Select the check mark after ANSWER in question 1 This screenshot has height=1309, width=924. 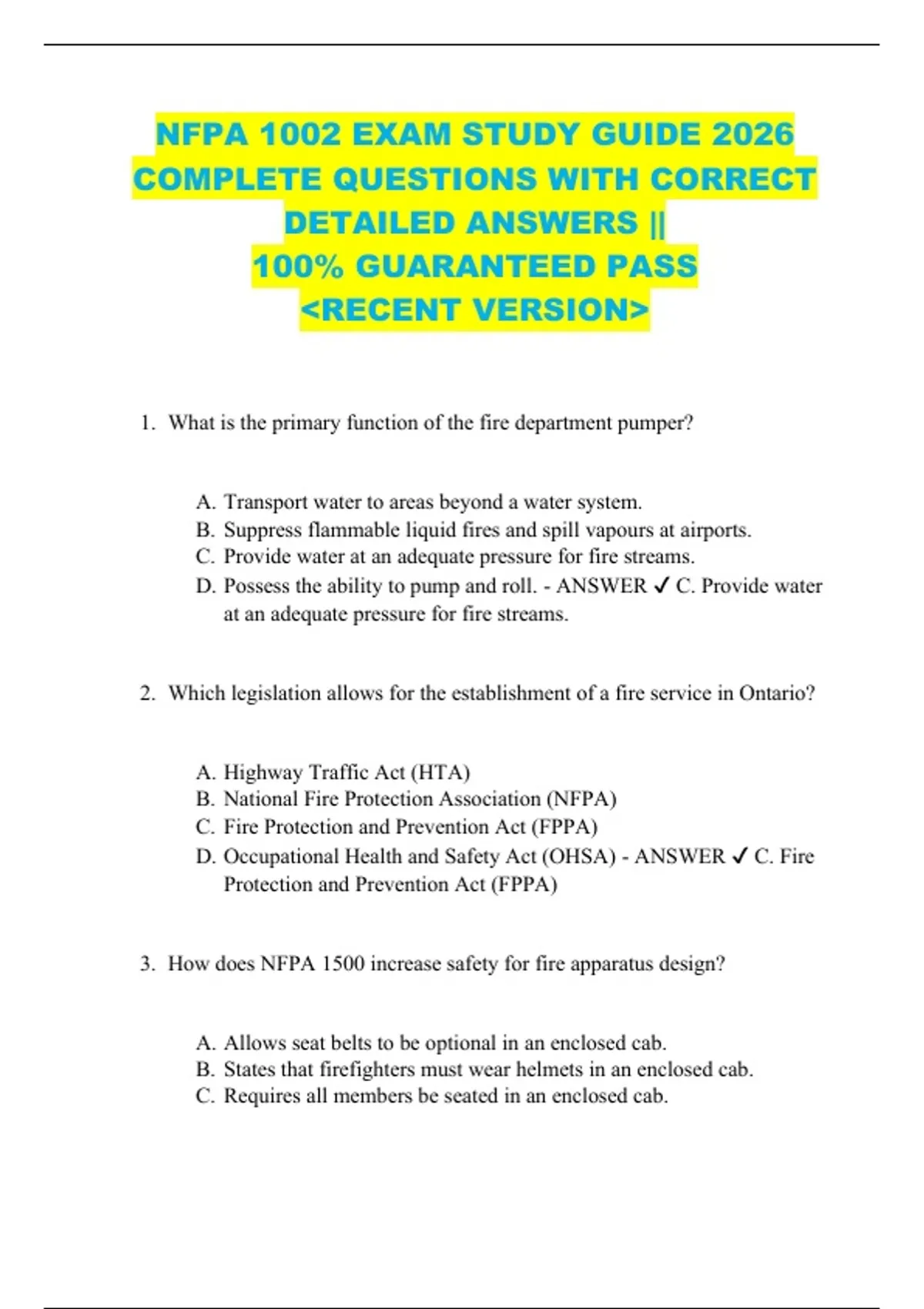[x=661, y=587]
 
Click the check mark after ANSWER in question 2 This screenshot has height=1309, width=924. [x=739, y=857]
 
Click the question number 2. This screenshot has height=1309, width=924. [x=146, y=693]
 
